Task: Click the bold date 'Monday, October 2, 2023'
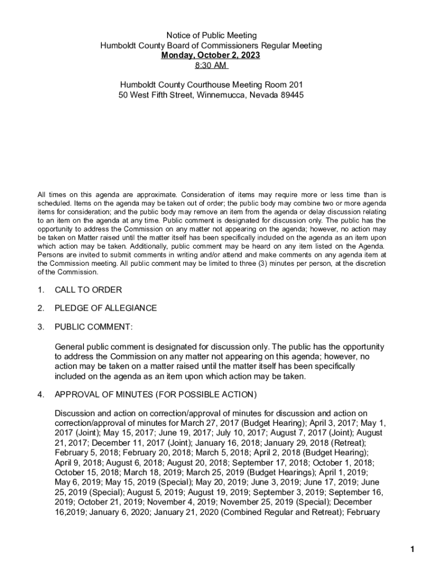point(211,56)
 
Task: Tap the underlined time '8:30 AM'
point(211,66)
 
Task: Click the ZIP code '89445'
point(292,95)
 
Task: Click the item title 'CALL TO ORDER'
point(88,290)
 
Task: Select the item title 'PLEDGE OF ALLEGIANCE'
point(106,308)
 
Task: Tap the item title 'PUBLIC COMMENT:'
point(93,327)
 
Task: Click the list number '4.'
point(40,395)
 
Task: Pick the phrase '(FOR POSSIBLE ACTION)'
point(206,395)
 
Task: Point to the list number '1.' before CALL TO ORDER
point(40,290)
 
